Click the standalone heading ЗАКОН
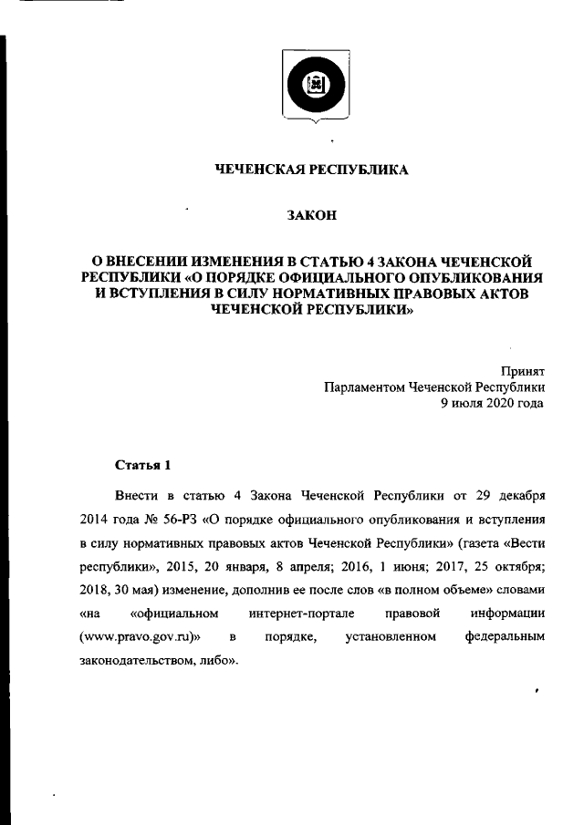(x=312, y=216)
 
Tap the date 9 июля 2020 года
(x=493, y=402)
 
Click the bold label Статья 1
(x=143, y=467)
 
